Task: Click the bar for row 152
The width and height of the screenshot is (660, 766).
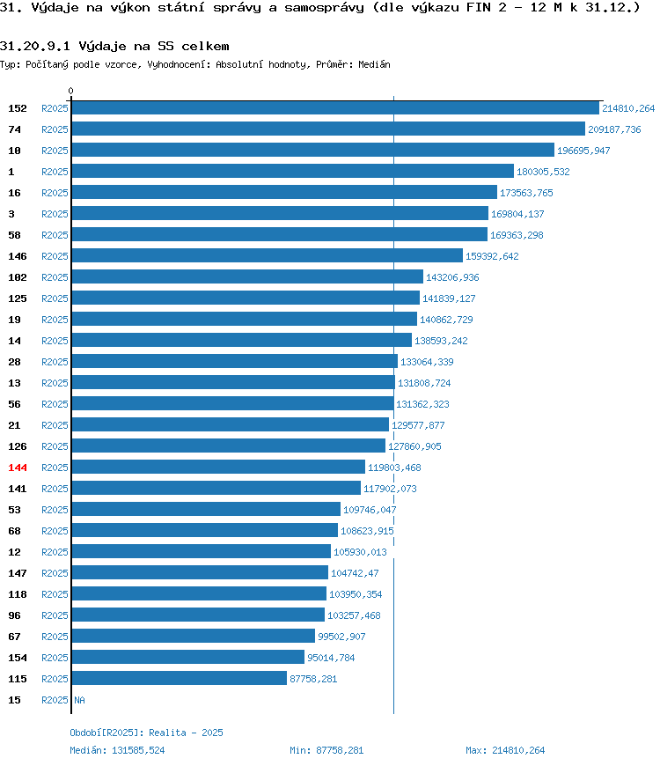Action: pos(335,108)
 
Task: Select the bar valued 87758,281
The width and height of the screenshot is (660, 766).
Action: pos(180,678)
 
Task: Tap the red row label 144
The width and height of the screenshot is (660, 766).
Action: pos(18,468)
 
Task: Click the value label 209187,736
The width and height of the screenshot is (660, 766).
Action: pos(614,129)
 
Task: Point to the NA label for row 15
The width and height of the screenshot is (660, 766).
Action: pos(79,700)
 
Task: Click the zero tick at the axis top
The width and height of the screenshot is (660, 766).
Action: pos(70,91)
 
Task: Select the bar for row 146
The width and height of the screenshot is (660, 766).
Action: pos(267,255)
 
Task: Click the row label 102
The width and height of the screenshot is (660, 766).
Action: pos(18,277)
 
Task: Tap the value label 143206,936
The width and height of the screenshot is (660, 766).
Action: pos(452,277)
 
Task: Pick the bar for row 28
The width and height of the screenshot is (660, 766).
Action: pos(235,362)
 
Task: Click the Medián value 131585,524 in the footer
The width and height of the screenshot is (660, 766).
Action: pos(138,750)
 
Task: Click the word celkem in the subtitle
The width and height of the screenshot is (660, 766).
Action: pos(205,46)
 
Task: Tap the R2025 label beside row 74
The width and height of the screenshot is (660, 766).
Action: pos(55,129)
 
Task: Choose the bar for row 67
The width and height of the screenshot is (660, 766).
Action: pos(194,636)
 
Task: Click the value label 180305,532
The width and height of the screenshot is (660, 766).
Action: pos(543,172)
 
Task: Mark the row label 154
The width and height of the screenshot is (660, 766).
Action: pos(18,658)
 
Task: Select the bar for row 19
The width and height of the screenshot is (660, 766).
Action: pos(245,319)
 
